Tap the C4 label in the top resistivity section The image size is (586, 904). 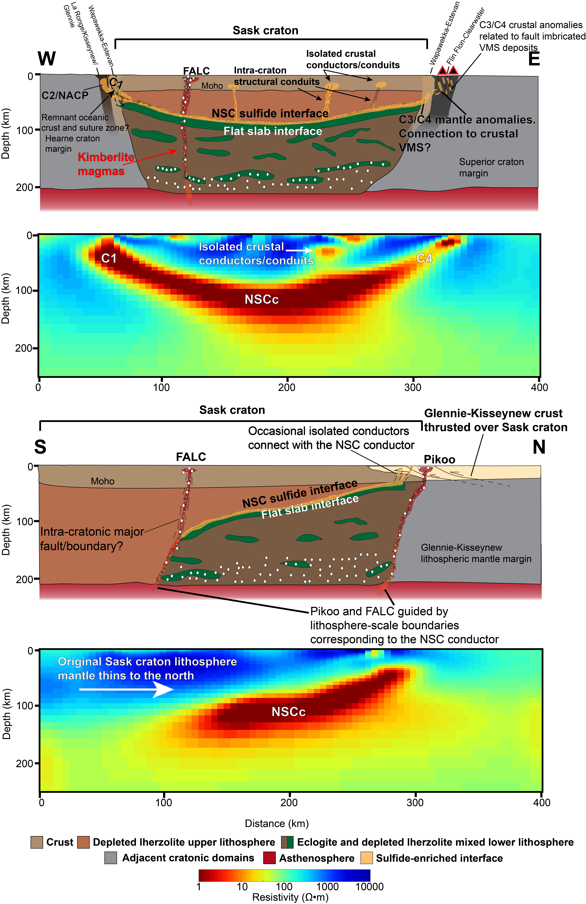(424, 258)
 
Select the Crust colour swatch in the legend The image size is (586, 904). (37, 842)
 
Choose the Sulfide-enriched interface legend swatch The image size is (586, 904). (366, 858)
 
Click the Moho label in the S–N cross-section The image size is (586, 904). (102, 481)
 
